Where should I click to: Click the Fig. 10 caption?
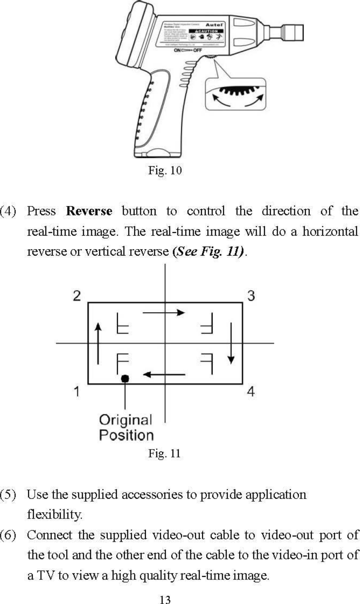point(165,170)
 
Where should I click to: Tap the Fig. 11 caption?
point(164,453)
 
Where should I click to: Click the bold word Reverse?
point(89,211)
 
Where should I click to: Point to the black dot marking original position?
point(125,378)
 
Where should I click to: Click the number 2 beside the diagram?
point(77,296)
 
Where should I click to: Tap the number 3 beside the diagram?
point(251,296)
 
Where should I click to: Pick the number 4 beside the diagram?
point(251,392)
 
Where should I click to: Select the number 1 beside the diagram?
point(77,392)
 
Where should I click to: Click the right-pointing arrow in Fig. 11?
point(164,313)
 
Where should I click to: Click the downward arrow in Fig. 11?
point(231,343)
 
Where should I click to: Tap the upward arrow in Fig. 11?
point(99,343)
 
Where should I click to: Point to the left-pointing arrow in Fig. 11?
point(164,374)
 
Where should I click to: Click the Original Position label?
point(126,428)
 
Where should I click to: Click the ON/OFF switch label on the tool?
point(188,50)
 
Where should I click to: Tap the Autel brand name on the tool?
point(214,25)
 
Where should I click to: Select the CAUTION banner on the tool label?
point(207,31)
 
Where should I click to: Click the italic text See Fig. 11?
point(209,251)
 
